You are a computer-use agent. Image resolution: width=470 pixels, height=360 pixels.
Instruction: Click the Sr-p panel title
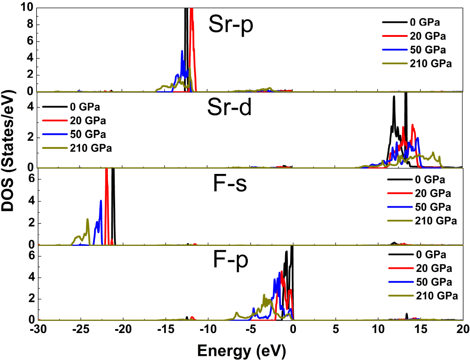pos(231,27)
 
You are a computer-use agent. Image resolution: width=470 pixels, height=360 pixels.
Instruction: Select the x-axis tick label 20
pos(462,329)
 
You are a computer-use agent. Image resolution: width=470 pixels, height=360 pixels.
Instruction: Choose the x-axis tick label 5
pos(336,329)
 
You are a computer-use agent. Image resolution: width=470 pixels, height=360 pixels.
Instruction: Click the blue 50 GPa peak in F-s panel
pos(101,201)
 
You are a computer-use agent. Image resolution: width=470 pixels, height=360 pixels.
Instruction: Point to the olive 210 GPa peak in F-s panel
pos(87,219)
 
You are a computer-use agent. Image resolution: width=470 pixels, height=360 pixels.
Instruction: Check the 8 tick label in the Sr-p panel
pos(31,25)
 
